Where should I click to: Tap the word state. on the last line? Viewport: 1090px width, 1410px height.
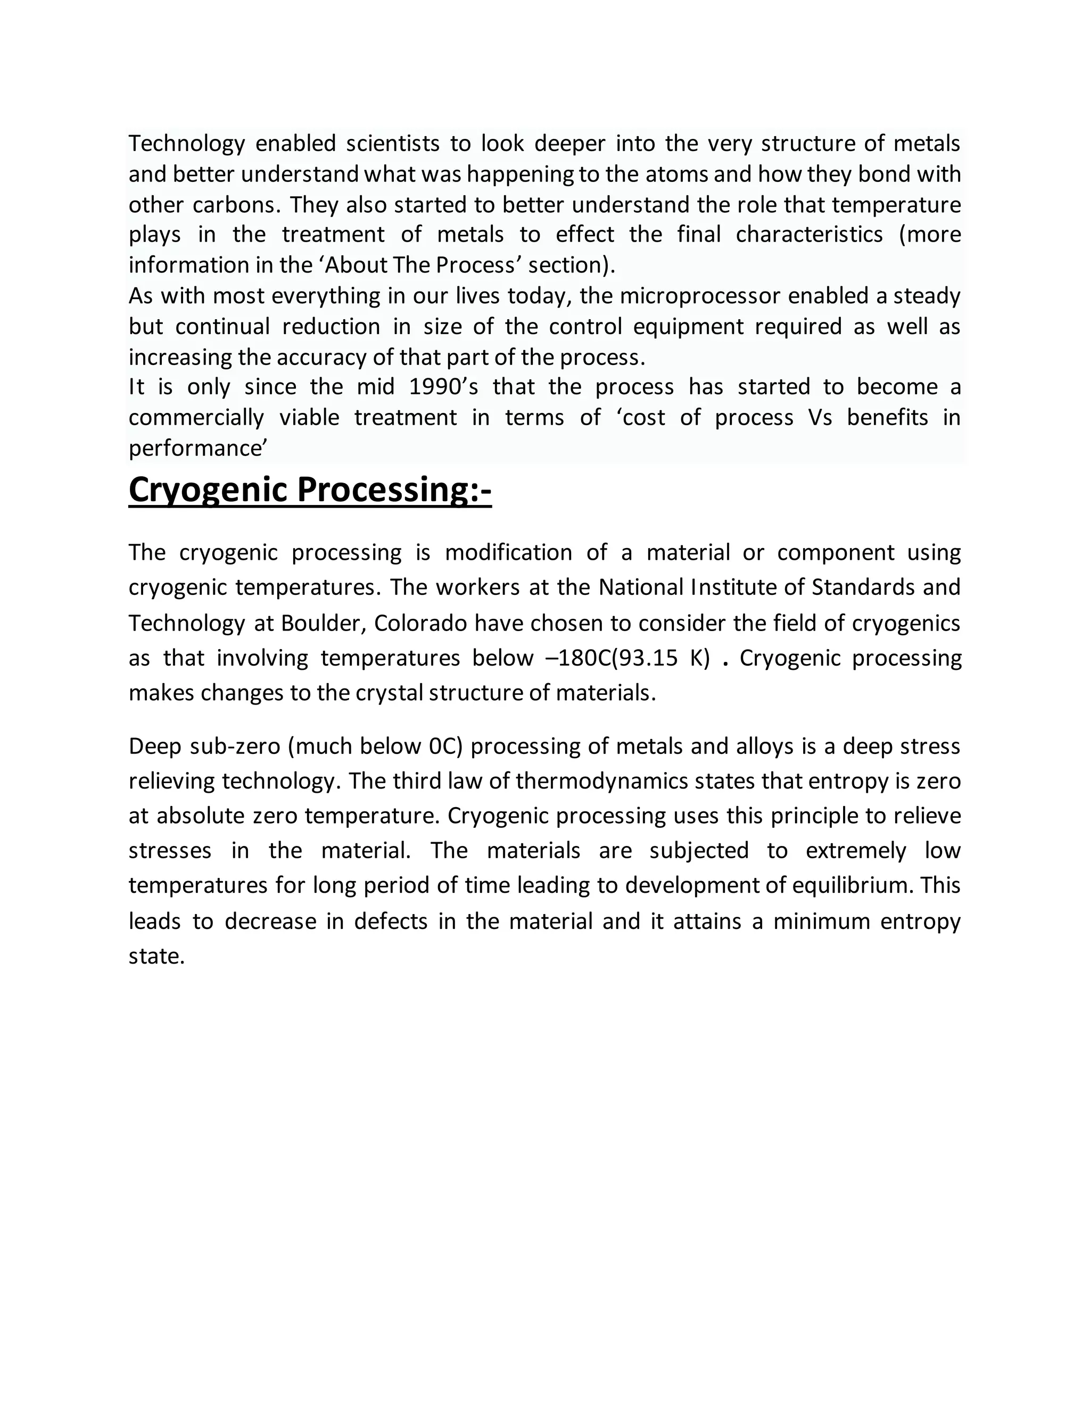pyautogui.click(x=157, y=956)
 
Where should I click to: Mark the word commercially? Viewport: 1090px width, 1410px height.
pyautogui.click(x=196, y=418)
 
